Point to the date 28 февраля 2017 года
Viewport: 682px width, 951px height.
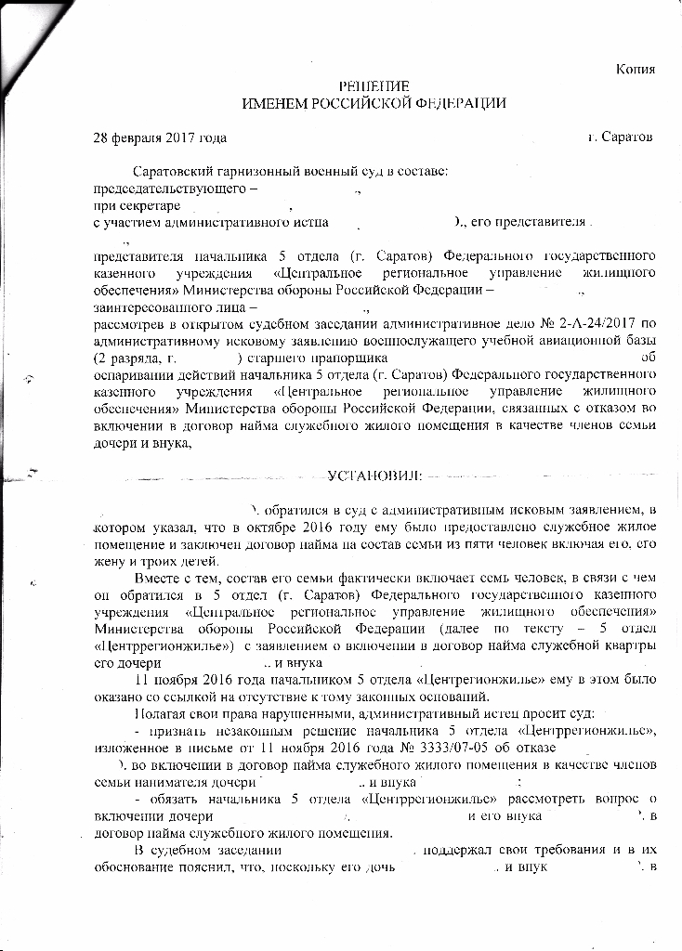(160, 137)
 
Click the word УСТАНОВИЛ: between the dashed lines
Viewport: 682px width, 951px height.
(375, 476)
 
